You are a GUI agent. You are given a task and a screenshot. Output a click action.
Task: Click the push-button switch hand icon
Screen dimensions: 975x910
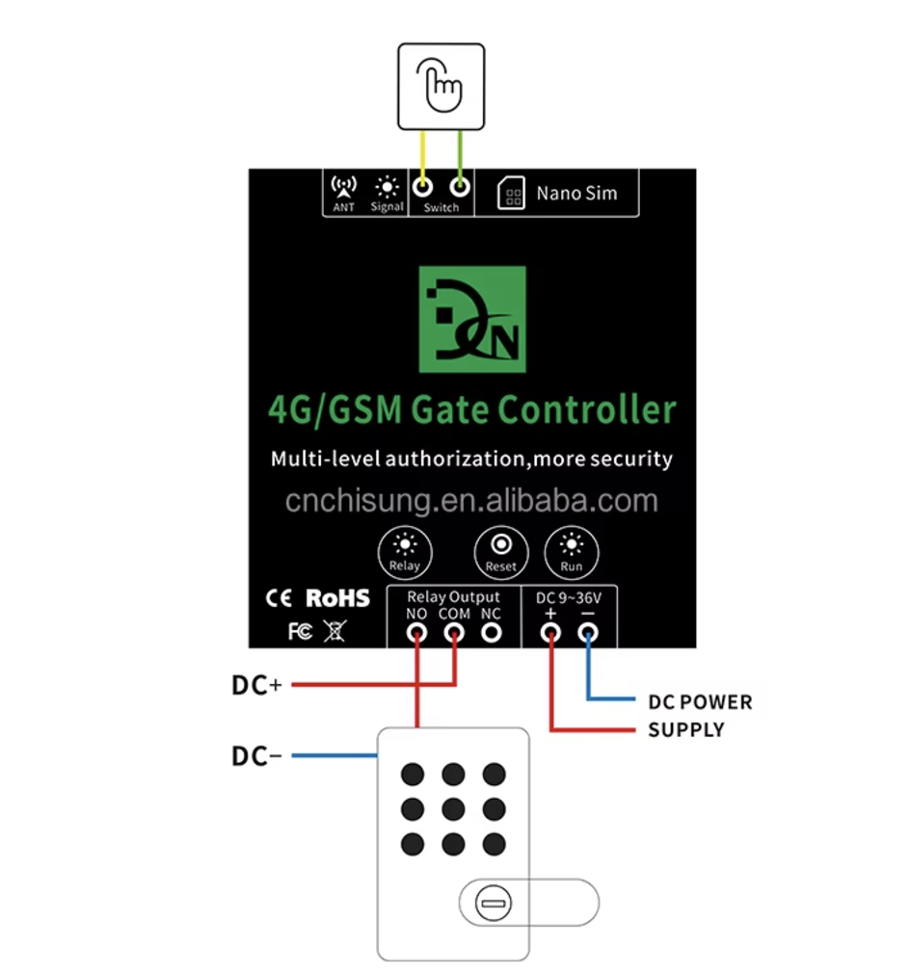point(442,86)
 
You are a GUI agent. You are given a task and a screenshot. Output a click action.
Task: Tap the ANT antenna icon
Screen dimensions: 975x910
point(343,187)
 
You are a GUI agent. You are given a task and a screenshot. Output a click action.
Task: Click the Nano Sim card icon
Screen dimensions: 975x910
point(511,193)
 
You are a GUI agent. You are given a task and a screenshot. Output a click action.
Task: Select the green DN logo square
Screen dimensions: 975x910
point(472,319)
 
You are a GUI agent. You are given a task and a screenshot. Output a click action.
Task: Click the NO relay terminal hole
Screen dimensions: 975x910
point(416,633)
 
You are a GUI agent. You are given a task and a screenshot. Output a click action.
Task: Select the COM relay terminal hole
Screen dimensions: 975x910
point(454,633)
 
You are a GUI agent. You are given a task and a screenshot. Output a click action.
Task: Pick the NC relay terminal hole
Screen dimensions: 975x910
point(492,633)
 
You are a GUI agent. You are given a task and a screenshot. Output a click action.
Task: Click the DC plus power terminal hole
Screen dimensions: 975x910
point(550,633)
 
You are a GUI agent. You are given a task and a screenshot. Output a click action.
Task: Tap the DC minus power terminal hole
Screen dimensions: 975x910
point(587,633)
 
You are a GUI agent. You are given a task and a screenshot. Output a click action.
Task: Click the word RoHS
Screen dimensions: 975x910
point(337,598)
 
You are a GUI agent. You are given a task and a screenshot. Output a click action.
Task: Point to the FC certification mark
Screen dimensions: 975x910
point(300,632)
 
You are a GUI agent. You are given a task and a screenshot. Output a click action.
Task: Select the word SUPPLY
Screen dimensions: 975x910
point(685,730)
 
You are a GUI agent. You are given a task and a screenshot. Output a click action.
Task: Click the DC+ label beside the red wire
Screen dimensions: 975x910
point(256,685)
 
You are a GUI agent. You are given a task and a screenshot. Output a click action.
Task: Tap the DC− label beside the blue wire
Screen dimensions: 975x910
point(256,756)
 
